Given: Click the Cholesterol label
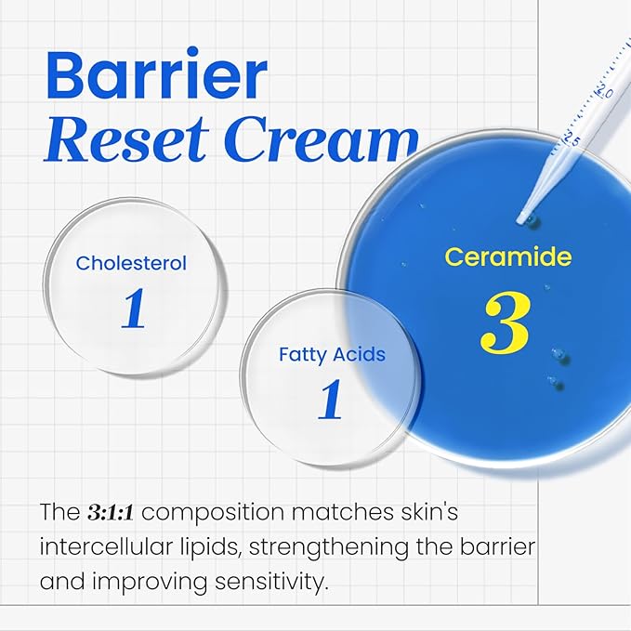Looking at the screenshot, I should pyautogui.click(x=131, y=263).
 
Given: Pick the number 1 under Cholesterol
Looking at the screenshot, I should pyautogui.click(x=133, y=309).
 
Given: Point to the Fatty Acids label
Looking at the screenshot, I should pyautogui.click(x=332, y=354).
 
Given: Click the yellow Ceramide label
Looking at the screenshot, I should pyautogui.click(x=507, y=256).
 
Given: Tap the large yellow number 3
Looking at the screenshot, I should pyautogui.click(x=506, y=324).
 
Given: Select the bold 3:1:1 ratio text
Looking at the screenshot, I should pyautogui.click(x=116, y=511).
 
